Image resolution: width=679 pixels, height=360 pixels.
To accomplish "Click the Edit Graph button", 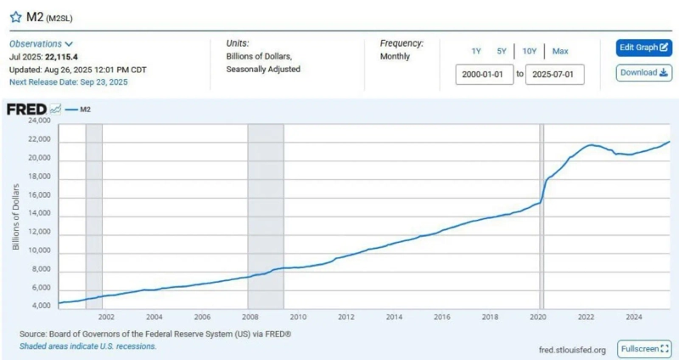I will (x=643, y=48).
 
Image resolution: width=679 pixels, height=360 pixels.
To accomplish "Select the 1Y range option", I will (x=476, y=51).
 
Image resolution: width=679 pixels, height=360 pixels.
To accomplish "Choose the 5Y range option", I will (x=502, y=51).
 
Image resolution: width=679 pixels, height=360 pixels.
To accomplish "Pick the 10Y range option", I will (x=529, y=51).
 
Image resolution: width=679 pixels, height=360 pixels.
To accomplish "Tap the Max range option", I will (x=560, y=51).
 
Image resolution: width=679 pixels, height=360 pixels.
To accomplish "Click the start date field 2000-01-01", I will (x=484, y=74).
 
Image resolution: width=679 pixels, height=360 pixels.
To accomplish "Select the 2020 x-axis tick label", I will (x=538, y=317).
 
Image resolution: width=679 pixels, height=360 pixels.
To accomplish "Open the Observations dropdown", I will (x=41, y=43).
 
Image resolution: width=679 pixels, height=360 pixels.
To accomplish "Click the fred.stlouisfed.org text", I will (x=572, y=349).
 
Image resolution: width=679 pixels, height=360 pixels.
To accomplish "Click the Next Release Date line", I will (x=67, y=82).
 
